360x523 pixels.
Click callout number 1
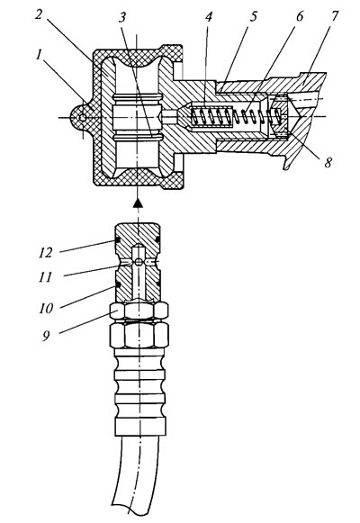(39, 56)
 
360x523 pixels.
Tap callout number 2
(40, 15)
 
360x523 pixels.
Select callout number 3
(123, 16)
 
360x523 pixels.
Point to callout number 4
(208, 17)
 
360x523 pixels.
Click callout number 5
(254, 16)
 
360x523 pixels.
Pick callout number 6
(300, 16)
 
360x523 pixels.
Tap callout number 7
(334, 15)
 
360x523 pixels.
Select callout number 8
(328, 162)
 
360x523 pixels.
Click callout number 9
(46, 336)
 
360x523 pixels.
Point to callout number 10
(46, 308)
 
